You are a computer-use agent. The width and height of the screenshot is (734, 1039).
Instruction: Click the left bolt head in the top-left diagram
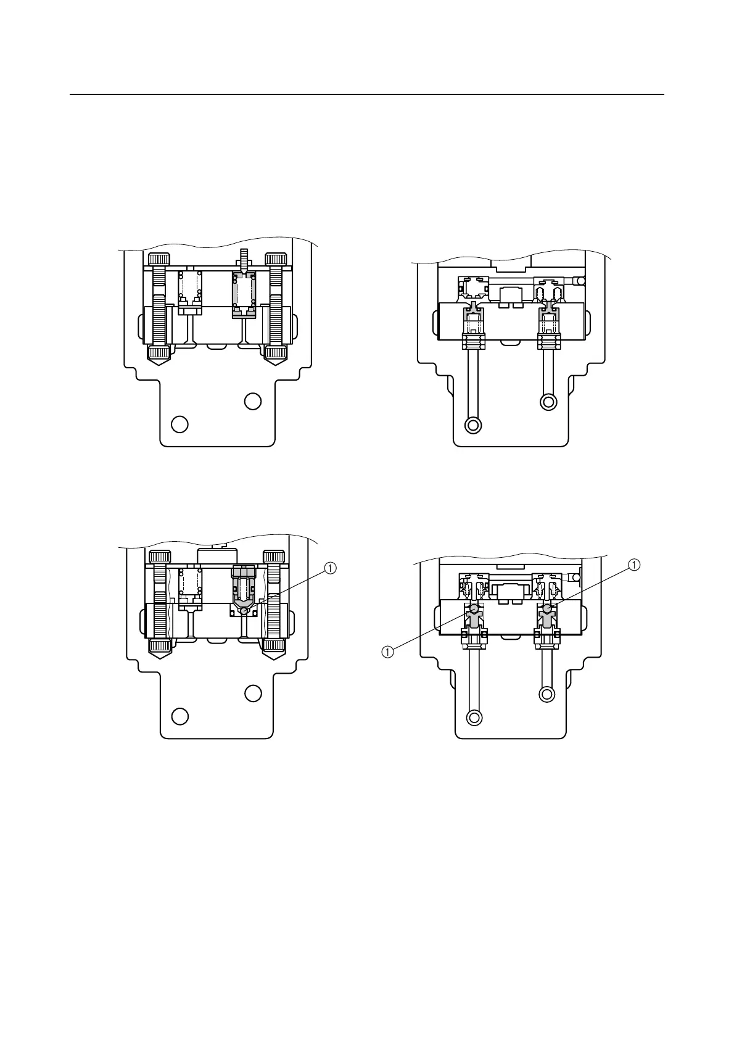[159, 259]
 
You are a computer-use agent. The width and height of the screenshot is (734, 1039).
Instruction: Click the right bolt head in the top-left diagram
[276, 259]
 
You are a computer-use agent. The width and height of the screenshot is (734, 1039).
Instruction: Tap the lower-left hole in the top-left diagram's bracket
[179, 424]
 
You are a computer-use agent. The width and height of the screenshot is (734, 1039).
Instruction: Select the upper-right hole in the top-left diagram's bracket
[253, 401]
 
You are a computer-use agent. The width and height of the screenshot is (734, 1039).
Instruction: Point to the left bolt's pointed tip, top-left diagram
[159, 365]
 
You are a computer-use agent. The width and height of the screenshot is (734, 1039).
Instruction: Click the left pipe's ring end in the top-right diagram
[474, 425]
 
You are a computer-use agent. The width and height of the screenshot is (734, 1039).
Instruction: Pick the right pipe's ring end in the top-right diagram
[548, 402]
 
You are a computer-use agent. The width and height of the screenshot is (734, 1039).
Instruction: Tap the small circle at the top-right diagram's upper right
[579, 281]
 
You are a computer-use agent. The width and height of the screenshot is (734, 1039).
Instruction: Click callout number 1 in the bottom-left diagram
[330, 568]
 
